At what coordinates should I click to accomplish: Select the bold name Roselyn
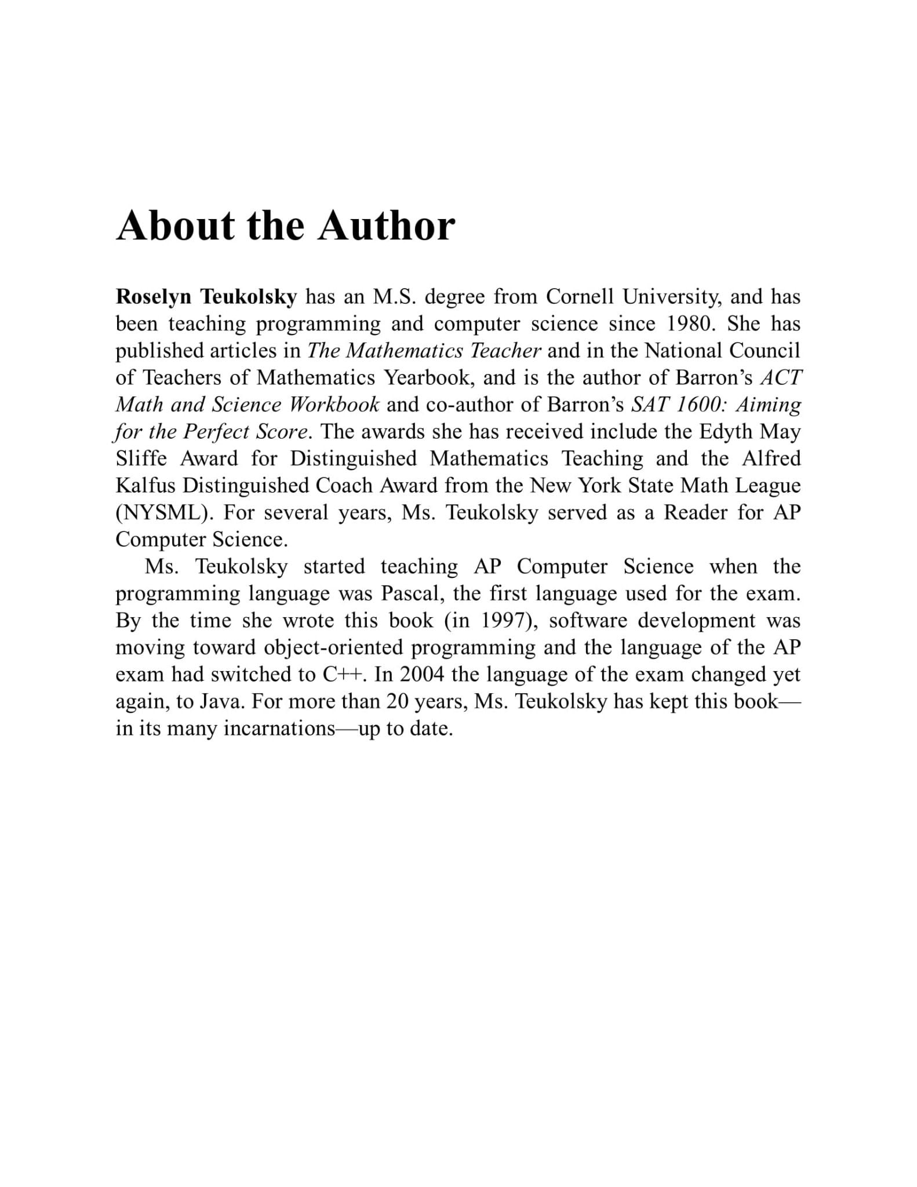pos(153,297)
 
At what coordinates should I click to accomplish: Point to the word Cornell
pos(579,297)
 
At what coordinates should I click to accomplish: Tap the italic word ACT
pos(781,377)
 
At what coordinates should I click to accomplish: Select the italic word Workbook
pos(334,405)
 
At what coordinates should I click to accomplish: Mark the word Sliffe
pos(141,458)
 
